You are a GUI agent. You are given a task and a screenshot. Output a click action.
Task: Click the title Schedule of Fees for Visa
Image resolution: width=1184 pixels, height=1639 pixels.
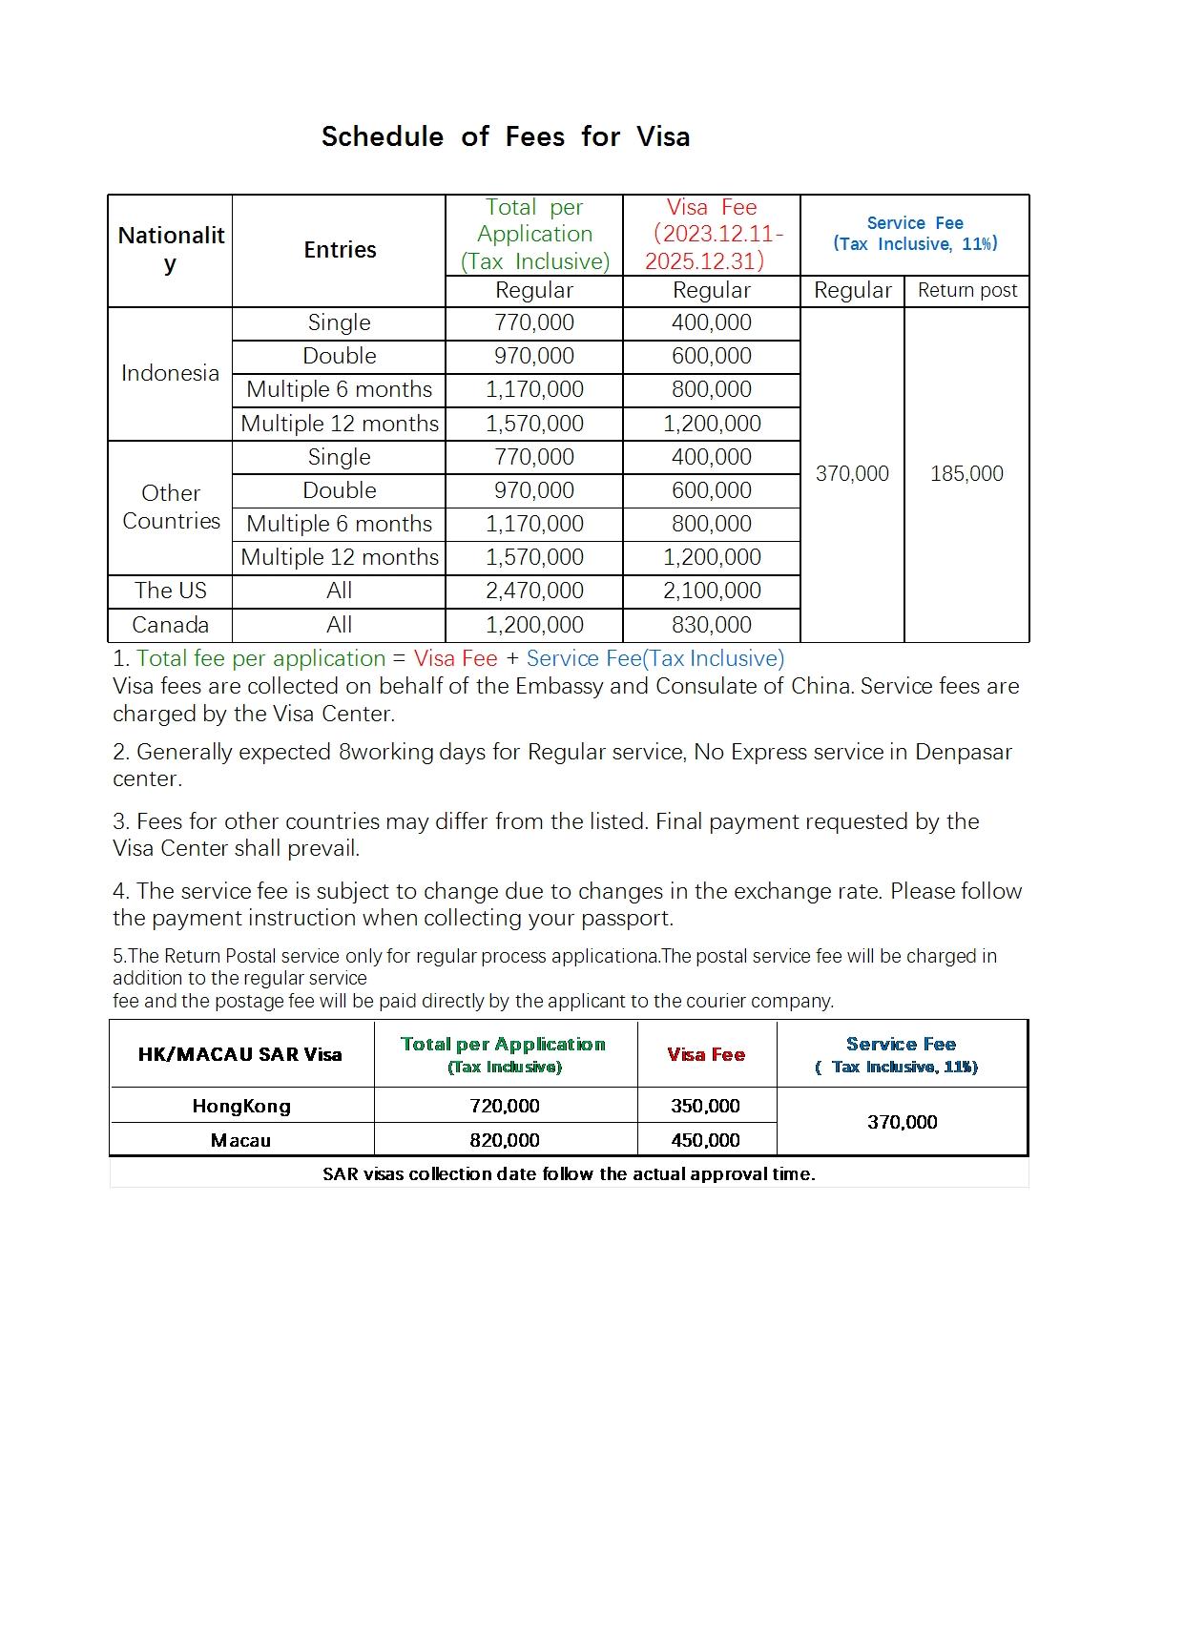[x=505, y=136]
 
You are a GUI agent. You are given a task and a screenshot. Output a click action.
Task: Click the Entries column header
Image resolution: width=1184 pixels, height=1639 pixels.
[x=340, y=250]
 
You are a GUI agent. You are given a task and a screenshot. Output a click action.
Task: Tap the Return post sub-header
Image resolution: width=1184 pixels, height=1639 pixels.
[x=966, y=291]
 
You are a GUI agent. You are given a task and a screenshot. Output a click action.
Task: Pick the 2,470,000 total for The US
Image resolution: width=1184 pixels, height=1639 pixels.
[x=534, y=591]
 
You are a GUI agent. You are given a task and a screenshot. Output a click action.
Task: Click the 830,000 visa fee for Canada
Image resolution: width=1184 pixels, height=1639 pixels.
[x=711, y=625]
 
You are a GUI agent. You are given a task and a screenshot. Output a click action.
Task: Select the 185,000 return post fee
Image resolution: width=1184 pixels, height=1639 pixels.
[x=966, y=473]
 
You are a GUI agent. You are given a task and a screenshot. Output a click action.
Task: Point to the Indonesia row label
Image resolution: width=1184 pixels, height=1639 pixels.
[x=170, y=373]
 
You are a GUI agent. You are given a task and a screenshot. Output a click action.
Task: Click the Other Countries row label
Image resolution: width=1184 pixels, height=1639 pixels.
[x=171, y=507]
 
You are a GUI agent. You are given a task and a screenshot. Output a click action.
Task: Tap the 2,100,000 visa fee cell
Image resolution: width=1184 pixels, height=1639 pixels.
[x=712, y=591]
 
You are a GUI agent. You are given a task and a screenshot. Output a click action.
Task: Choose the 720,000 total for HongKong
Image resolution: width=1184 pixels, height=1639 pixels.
[x=505, y=1106]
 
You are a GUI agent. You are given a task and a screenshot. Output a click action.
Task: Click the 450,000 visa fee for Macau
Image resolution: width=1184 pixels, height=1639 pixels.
[x=706, y=1140]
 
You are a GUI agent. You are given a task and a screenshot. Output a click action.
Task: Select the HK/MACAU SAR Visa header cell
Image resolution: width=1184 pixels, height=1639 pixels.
[x=239, y=1054]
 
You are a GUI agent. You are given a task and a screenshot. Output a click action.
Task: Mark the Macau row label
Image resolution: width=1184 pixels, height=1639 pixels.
[x=240, y=1140]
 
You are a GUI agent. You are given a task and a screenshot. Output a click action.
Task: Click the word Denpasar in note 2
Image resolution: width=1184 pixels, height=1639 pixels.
[x=963, y=752]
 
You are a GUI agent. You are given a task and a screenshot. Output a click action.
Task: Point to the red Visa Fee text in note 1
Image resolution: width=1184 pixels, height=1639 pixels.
[x=455, y=658]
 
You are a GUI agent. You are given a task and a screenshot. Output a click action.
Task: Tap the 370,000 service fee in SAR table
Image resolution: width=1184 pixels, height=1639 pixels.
[x=902, y=1122]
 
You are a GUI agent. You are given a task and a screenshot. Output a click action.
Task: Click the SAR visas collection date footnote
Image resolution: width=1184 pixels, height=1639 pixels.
[x=569, y=1173]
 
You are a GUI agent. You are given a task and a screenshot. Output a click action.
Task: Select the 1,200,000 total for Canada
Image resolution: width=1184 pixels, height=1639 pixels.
[x=534, y=625]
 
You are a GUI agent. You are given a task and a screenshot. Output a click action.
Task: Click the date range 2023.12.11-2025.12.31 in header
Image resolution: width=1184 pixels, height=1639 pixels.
[x=712, y=247]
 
